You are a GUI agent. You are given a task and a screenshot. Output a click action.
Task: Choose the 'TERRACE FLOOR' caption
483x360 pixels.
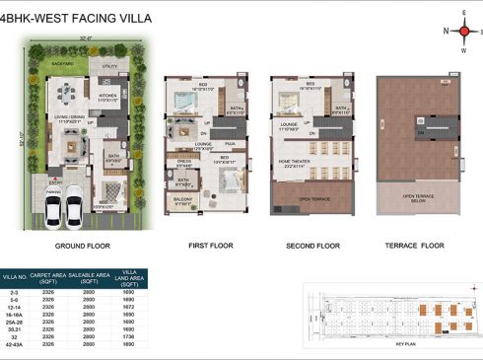point(417,245)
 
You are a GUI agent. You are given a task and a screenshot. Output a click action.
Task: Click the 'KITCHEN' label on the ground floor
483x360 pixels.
point(107,96)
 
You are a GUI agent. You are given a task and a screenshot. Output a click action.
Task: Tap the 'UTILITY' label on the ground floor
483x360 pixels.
point(109,68)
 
